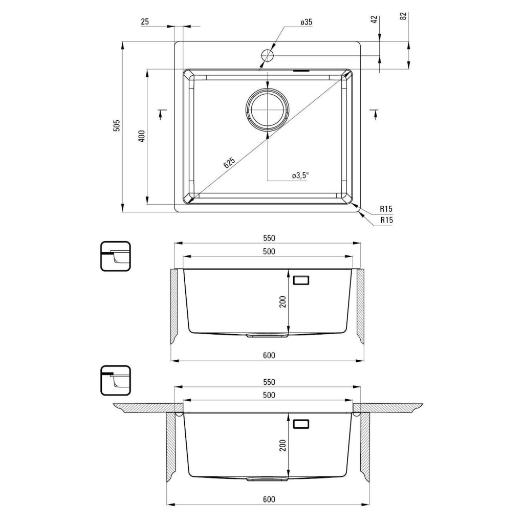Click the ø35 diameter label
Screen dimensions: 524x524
[x=306, y=22]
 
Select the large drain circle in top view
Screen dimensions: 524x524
[x=267, y=110]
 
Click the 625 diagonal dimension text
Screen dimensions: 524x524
[x=229, y=162]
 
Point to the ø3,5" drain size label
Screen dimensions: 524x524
[x=300, y=176]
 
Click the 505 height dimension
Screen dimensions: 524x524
[x=117, y=125]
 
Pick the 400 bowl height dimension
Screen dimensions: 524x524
[x=142, y=136]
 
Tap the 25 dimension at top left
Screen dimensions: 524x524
[x=145, y=21]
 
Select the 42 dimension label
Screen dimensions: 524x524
[x=374, y=19]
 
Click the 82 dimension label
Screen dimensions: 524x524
[x=403, y=16]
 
